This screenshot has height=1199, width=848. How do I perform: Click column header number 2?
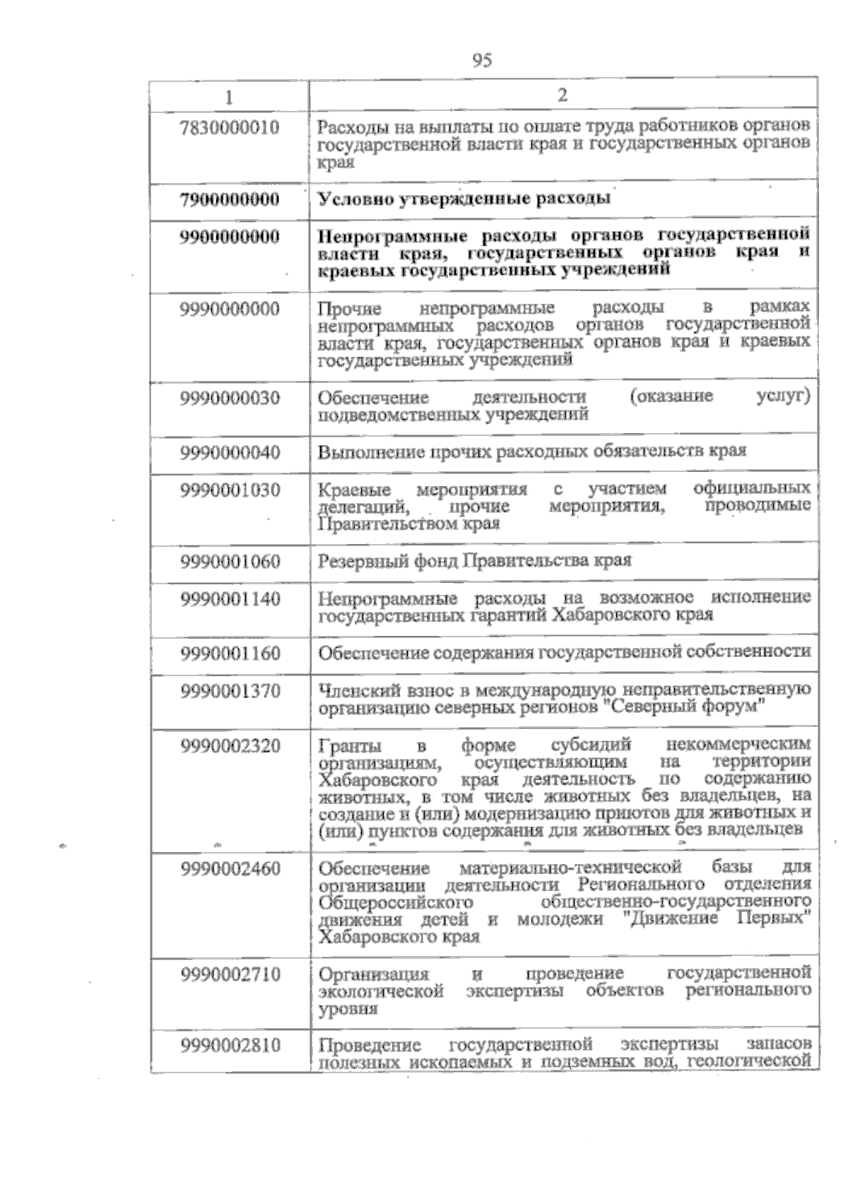click(563, 95)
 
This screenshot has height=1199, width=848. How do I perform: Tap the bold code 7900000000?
click(230, 199)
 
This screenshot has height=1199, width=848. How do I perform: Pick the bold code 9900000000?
click(230, 236)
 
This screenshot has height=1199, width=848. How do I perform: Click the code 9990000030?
click(230, 398)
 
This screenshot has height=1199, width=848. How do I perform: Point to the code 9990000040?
click(230, 452)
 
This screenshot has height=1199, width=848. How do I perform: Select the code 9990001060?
click(230, 562)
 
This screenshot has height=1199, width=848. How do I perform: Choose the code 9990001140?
click(230, 599)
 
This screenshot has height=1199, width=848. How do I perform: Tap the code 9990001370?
click(230, 691)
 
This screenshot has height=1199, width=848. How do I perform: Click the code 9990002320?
click(230, 745)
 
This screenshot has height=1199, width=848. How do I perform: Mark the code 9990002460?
click(230, 868)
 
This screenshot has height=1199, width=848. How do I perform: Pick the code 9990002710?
click(230, 975)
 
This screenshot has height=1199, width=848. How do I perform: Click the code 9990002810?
click(230, 1045)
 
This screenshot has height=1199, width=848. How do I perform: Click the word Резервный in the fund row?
click(352, 562)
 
